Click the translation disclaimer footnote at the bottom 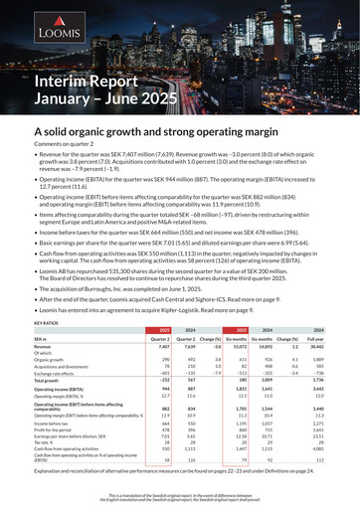tap(180, 497)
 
